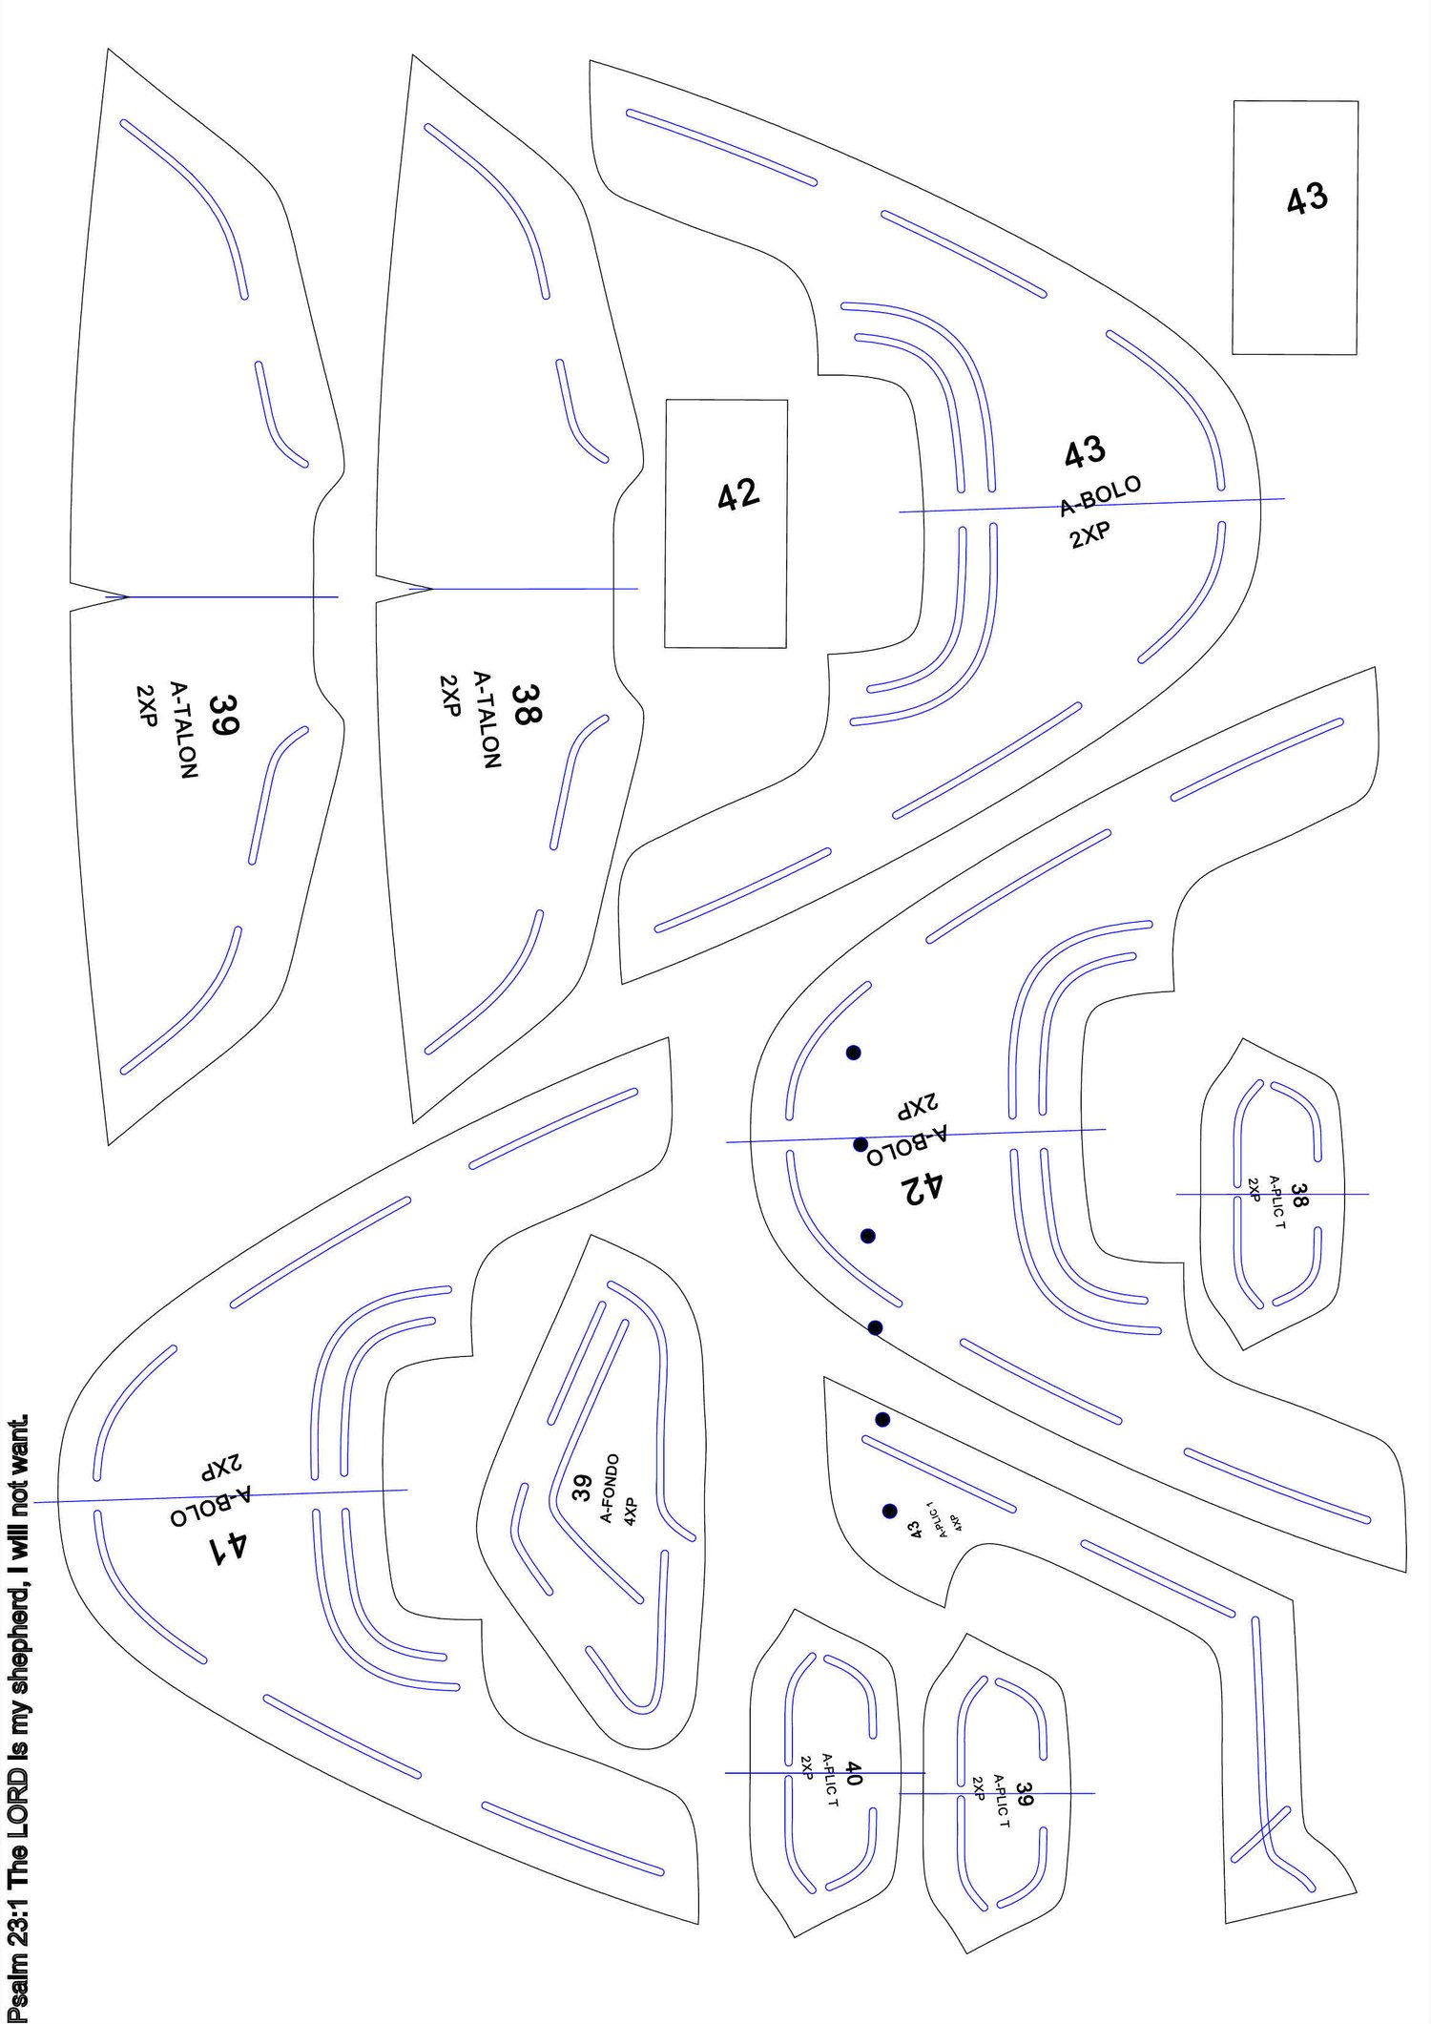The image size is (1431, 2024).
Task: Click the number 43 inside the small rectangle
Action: [1306, 198]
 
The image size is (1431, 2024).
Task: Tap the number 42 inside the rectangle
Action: [737, 494]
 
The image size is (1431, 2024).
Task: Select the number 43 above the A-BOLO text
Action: [1085, 452]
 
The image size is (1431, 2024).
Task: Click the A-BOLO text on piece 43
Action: [1100, 495]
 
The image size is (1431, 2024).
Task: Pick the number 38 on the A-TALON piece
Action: [525, 704]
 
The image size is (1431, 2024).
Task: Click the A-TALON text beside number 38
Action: [487, 720]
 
